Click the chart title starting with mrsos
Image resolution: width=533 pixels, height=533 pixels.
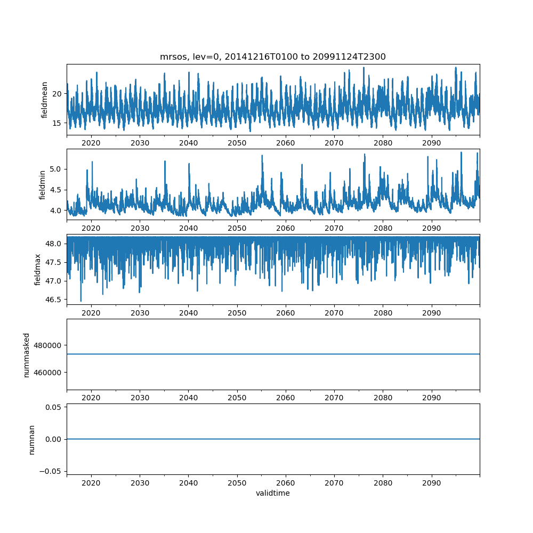(x=272, y=56)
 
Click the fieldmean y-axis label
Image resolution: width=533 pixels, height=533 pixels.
(x=45, y=100)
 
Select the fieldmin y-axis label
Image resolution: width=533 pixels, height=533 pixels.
(x=43, y=184)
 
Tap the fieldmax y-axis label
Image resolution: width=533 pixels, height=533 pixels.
(x=37, y=269)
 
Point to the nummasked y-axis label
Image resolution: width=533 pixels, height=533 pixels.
(x=27, y=354)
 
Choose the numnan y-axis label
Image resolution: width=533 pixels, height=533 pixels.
(x=31, y=439)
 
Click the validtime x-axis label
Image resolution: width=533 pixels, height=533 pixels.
(x=272, y=493)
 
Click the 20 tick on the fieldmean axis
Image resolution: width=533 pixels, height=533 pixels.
(x=58, y=93)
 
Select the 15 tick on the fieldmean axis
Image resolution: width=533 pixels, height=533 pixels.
(x=58, y=123)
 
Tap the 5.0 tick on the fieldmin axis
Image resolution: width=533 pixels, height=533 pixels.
(x=56, y=169)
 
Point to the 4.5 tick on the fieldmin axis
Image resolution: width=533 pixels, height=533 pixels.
(x=56, y=190)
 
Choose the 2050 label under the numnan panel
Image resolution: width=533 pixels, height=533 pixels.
(x=237, y=482)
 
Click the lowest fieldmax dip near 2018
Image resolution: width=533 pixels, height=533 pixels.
(x=81, y=301)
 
